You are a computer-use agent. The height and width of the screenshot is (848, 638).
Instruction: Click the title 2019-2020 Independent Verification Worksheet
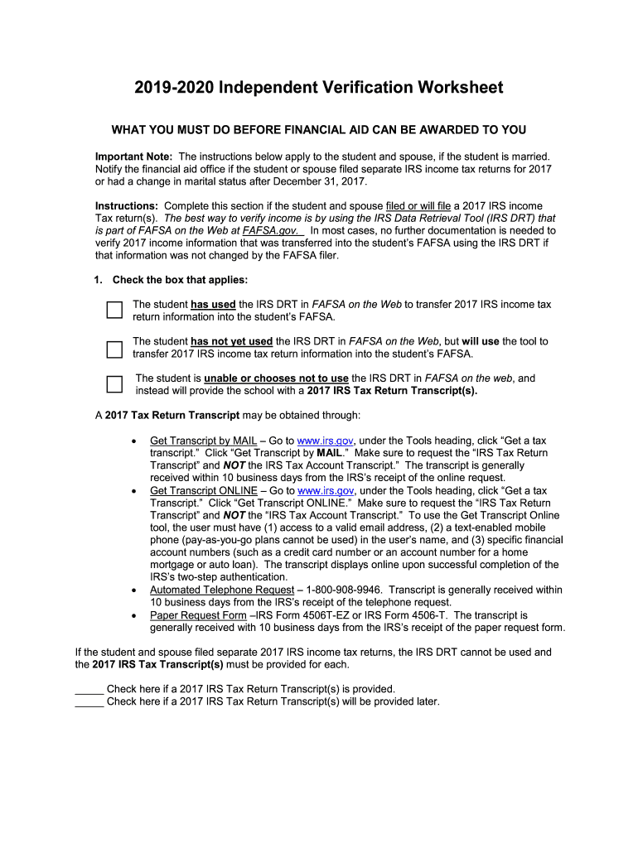(319, 88)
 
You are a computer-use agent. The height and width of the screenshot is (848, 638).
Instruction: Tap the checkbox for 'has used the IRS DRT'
(114, 311)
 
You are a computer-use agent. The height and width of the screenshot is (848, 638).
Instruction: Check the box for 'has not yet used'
(114, 348)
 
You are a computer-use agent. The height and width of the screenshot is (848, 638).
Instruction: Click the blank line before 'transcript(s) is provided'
(89, 689)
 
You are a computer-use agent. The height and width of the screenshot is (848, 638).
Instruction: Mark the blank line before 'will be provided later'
(89, 701)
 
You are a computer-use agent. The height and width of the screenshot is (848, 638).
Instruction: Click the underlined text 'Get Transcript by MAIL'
(203, 441)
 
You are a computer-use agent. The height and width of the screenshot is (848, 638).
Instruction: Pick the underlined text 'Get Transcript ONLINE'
(204, 490)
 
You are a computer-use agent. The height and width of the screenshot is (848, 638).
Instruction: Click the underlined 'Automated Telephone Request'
(221, 590)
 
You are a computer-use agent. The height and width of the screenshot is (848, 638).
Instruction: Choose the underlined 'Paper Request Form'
(198, 615)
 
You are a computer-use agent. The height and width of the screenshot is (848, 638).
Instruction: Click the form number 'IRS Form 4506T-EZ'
(303, 615)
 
